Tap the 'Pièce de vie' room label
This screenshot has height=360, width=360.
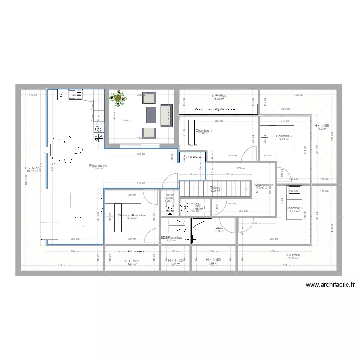tap(98, 165)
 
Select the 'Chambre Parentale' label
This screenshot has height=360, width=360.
tap(132, 216)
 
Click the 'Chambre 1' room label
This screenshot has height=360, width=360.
tap(204, 130)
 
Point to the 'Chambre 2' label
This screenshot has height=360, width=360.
tap(284, 136)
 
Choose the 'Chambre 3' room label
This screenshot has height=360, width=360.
tap(294, 208)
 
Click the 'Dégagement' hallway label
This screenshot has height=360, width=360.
tap(263, 185)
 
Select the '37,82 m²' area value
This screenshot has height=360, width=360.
tap(98, 168)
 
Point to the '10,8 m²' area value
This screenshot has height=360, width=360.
tap(114, 120)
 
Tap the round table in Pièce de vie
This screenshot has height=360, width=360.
tap(77, 222)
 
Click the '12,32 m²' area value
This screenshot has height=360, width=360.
tap(292, 259)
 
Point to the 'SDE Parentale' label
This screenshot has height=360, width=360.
tap(171, 237)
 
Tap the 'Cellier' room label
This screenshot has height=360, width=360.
tap(169, 198)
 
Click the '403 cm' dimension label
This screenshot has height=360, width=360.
tap(139, 154)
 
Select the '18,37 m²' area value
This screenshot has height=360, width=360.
tap(32, 171)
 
